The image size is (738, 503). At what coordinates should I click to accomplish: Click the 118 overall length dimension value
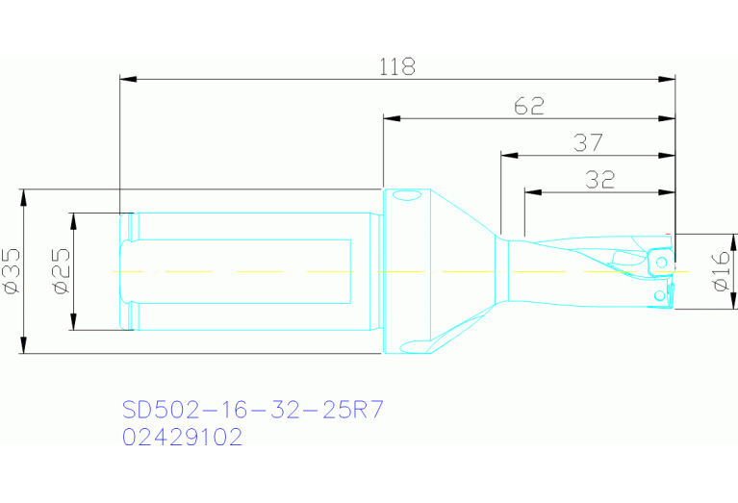[x=396, y=67]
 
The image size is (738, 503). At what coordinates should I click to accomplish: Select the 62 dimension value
[x=528, y=107]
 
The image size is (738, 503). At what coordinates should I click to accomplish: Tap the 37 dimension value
[x=588, y=143]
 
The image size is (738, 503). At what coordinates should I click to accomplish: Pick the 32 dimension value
[x=599, y=179]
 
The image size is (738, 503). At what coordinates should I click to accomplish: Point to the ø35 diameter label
[x=11, y=272]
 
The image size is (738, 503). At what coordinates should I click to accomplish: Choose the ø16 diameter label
[x=720, y=272]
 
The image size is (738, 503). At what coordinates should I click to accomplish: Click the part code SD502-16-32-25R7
[x=252, y=411]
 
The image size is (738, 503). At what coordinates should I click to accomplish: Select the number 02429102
[x=182, y=438]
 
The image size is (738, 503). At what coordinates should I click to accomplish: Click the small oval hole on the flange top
[x=405, y=197]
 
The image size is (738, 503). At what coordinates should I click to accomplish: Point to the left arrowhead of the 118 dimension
[x=126, y=78]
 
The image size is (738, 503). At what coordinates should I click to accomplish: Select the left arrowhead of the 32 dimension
[x=530, y=190]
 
